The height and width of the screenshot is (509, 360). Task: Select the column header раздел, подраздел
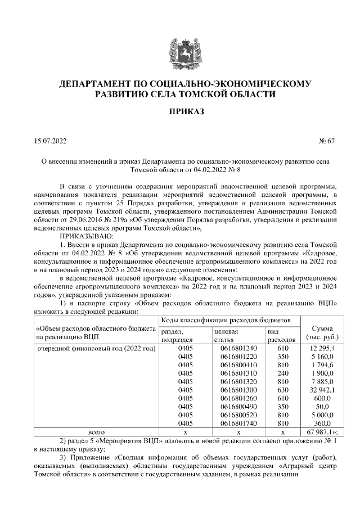point(177,336)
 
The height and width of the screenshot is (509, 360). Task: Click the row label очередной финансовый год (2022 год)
point(96,349)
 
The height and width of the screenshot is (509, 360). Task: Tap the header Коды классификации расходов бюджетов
point(225,320)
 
